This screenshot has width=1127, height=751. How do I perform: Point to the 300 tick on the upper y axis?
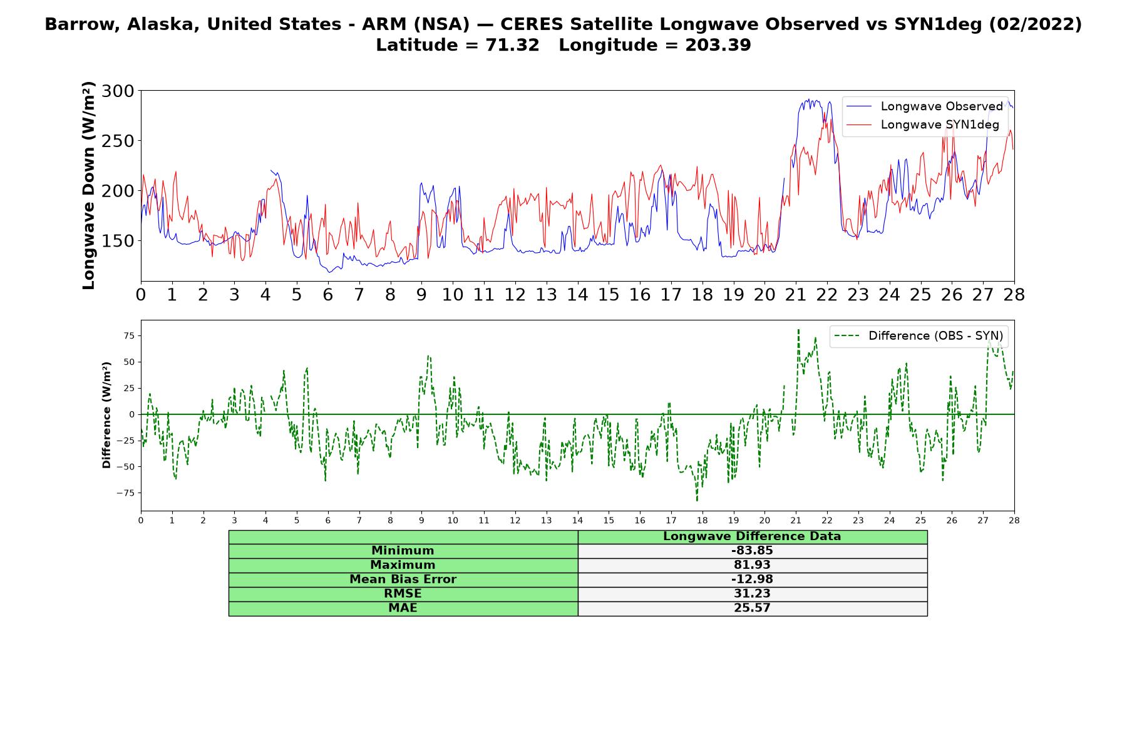118,91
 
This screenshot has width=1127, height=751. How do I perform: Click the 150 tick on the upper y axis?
118,241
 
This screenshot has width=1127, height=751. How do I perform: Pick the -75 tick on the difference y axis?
126,493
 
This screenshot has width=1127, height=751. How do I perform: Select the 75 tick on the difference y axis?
128,336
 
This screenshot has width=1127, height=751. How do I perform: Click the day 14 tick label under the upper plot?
577,295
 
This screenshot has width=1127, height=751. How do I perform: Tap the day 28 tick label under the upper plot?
1014,295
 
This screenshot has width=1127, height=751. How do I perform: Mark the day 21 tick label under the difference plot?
796,520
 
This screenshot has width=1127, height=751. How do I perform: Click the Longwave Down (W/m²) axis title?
88,186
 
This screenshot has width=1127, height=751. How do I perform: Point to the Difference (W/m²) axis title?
106,415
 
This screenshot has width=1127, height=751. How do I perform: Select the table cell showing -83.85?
752,551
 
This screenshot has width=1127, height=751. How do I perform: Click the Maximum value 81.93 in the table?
752,565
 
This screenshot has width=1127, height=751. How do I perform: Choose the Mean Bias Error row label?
403,580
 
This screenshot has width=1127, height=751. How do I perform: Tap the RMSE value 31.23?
752,594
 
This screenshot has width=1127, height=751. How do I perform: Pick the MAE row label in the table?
403,608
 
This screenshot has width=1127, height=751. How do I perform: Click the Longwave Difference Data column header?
752,536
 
